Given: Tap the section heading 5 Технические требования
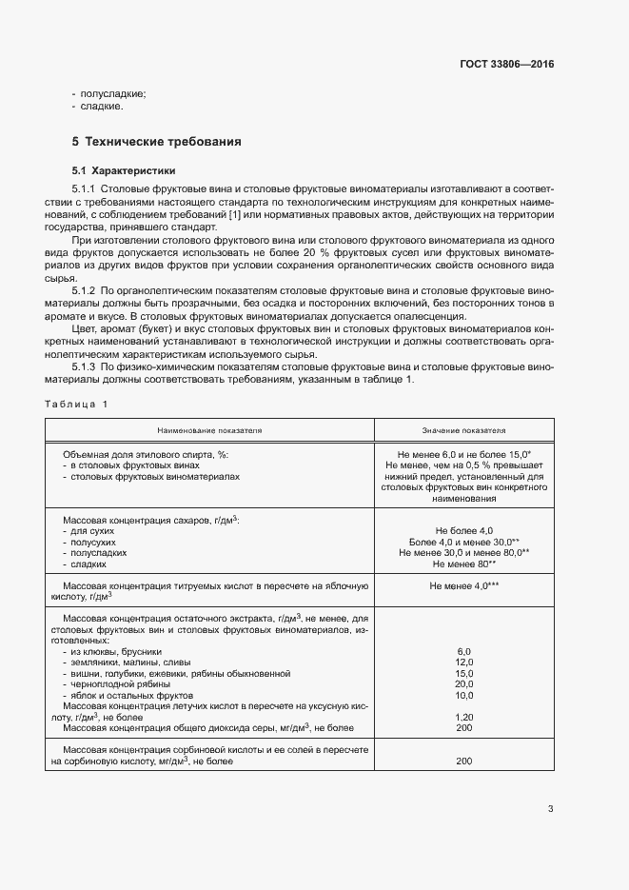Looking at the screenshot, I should point(156,142).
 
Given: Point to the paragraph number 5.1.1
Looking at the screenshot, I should point(86,190).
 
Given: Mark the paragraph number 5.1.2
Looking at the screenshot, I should point(86,289).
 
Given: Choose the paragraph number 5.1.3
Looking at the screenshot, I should point(86,366).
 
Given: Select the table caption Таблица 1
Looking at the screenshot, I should point(76,405).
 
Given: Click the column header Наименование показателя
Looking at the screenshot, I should point(210,430).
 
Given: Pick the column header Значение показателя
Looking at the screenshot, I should point(463,430).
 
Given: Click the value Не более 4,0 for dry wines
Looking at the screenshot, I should point(463,530).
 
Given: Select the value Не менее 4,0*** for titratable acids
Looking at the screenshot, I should point(463,586).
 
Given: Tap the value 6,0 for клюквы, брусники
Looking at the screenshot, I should point(463,650).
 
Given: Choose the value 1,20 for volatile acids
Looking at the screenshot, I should point(463,717).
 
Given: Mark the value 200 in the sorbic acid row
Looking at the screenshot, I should point(463,761).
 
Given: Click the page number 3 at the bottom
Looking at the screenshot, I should point(550,809).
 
